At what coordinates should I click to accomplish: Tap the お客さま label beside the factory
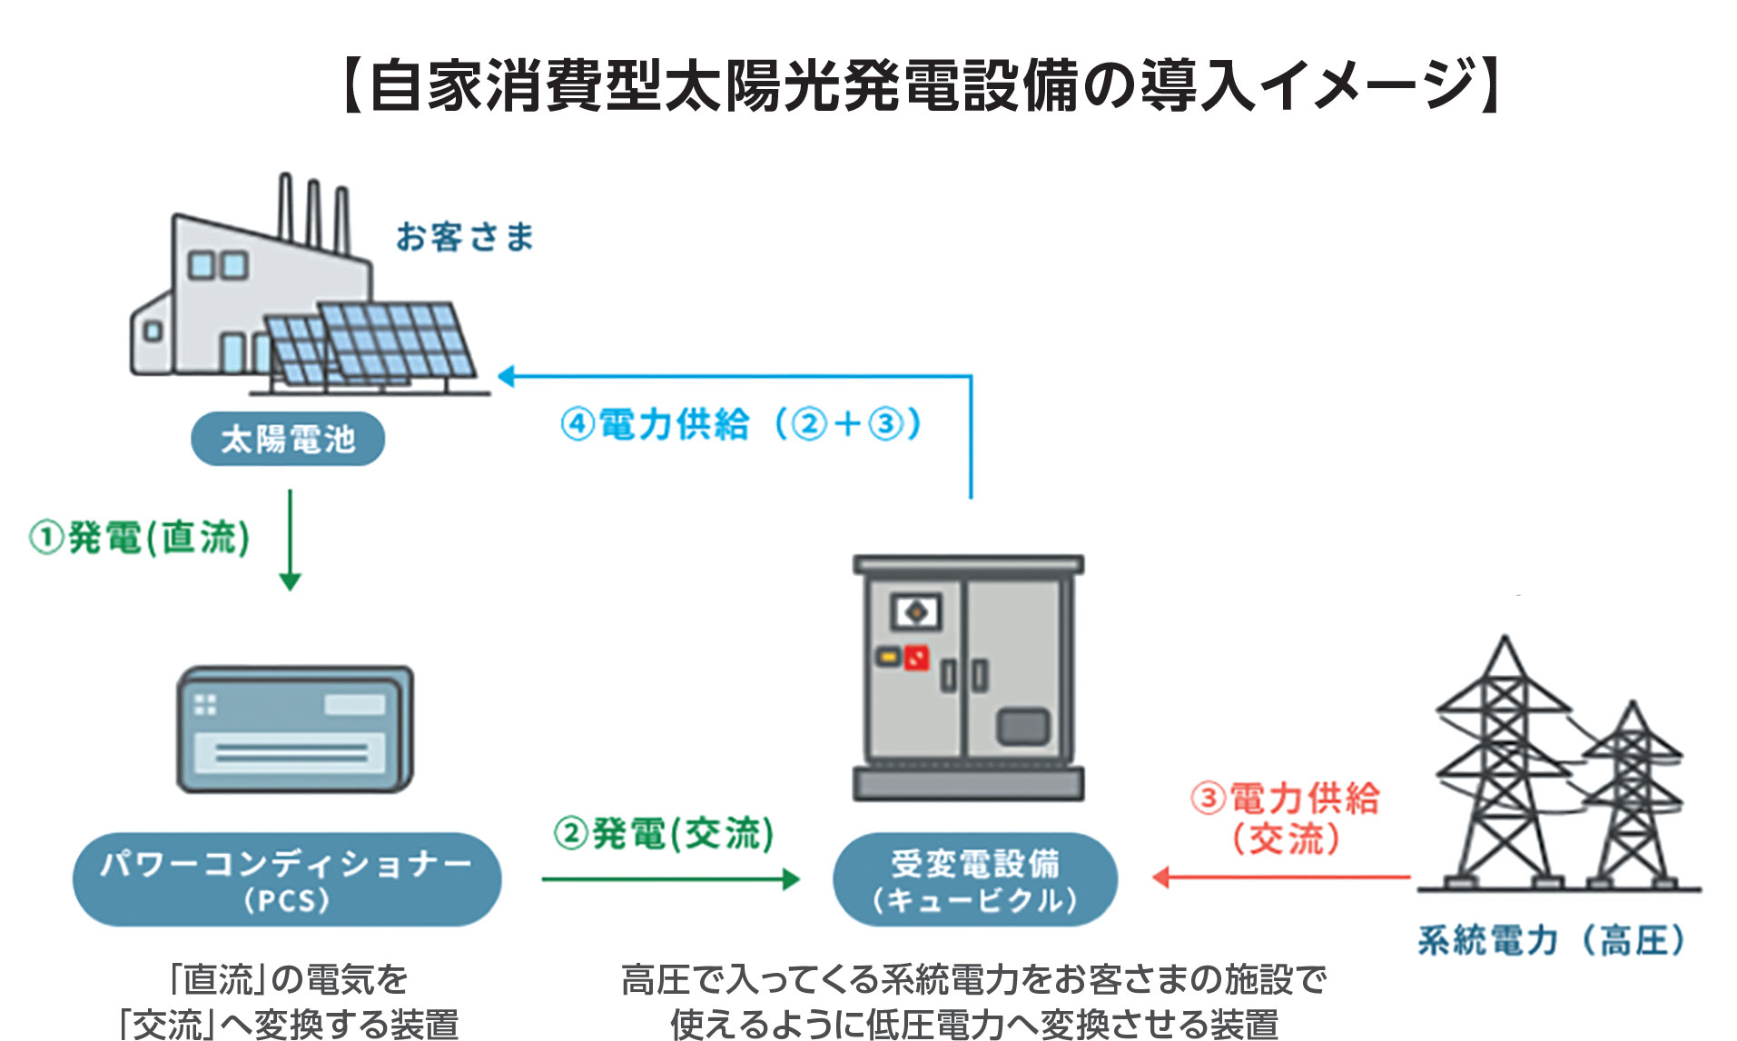464,237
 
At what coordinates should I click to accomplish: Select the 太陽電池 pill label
288,440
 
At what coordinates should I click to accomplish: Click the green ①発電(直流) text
140,538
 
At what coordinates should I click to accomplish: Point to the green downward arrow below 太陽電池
290,541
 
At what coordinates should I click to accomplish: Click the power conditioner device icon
294,729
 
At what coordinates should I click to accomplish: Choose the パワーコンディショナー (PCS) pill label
287,879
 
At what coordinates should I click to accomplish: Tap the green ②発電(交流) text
664,833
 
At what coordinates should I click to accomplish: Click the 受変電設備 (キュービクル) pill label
974,879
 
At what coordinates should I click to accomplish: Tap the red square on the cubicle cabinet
916,657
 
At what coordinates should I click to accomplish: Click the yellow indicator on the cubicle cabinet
886,655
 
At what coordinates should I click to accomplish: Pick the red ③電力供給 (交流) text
1285,818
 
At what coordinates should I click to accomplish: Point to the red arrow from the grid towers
1280,877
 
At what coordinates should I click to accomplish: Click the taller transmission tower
1503,763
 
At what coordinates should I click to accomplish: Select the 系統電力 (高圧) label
1551,940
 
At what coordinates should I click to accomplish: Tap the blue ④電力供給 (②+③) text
741,424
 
